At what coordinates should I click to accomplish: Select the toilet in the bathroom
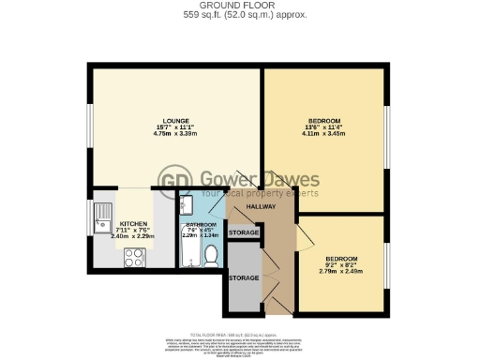pos(210,256)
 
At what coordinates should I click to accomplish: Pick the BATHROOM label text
pos(201,226)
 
